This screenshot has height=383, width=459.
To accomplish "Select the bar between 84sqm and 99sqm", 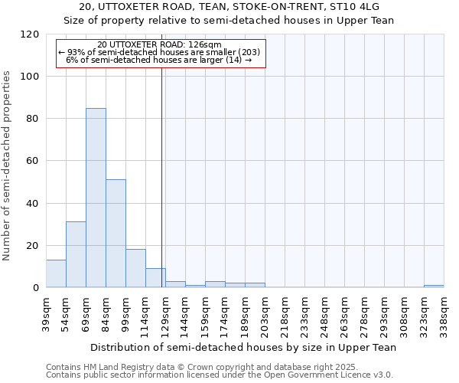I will point(116,234).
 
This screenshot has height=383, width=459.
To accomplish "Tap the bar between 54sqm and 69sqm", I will point(76,254).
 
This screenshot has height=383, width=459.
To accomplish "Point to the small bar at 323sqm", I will point(434,286).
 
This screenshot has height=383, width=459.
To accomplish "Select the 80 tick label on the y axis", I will point(33,119).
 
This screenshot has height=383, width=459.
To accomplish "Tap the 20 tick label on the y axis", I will point(33,246).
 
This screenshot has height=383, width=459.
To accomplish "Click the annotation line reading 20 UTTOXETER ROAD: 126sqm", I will point(160,44).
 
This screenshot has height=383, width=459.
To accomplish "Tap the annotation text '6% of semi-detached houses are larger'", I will point(159,60).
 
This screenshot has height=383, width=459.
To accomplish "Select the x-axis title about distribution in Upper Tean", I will point(243,348).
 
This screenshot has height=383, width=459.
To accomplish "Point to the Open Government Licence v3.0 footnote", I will point(220,375).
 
